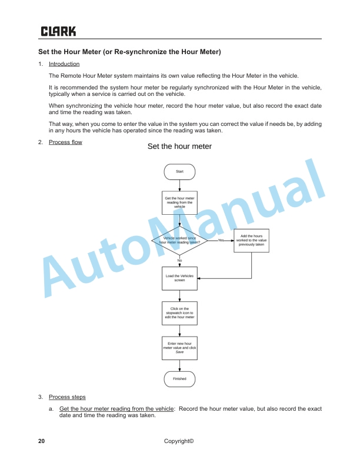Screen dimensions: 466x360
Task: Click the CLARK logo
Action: [x=58, y=31]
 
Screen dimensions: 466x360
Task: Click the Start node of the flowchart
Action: [x=179, y=171]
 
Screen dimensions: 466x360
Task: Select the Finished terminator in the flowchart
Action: [x=179, y=379]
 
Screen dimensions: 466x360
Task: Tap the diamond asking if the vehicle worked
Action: [x=179, y=240]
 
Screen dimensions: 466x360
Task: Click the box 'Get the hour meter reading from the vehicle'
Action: [x=179, y=203]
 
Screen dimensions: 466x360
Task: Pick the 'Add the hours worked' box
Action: [x=252, y=240]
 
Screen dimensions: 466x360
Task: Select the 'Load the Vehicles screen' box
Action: [x=179, y=278]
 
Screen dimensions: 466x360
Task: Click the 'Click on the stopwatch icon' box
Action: [x=179, y=313]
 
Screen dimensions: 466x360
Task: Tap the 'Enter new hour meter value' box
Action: [x=179, y=347]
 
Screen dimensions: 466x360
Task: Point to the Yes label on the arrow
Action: [x=221, y=240]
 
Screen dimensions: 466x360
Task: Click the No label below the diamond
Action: [x=179, y=260]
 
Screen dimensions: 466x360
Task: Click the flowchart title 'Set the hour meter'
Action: [x=179, y=147]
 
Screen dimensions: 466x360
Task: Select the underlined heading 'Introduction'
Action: [x=64, y=64]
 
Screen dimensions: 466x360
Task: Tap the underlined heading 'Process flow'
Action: [x=65, y=142]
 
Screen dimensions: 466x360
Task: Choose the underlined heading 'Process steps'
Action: [x=67, y=397]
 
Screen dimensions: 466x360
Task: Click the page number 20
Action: [x=41, y=441]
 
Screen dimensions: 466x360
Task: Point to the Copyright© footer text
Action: [x=179, y=441]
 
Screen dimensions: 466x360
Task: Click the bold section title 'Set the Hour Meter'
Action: [x=129, y=52]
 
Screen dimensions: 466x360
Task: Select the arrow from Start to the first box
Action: [x=179, y=185]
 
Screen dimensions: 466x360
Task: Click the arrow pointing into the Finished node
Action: [x=179, y=365]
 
